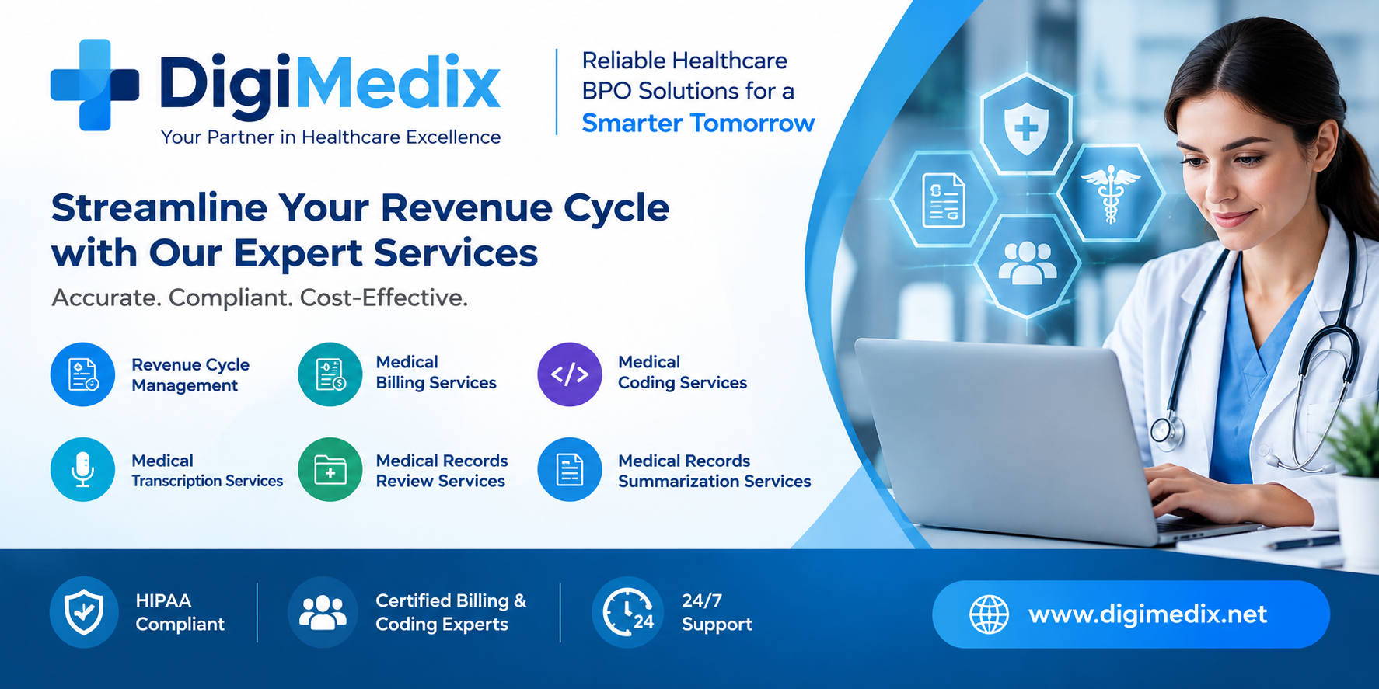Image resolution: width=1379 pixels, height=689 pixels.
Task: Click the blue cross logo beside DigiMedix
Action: (95, 85)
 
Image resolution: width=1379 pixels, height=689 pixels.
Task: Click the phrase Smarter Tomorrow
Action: (698, 123)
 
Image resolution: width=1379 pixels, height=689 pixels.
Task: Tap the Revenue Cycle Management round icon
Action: (82, 374)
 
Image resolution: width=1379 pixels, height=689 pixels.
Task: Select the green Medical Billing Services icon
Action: (330, 374)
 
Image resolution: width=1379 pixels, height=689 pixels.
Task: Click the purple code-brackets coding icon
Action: (570, 374)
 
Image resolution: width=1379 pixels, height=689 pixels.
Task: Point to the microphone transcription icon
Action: (82, 469)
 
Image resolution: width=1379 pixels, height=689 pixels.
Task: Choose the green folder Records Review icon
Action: (330, 469)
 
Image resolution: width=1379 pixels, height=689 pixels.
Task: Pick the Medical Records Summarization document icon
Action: (570, 469)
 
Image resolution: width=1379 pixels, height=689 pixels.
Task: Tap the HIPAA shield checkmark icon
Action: (84, 612)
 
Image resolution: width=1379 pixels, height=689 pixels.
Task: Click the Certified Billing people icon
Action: (323, 612)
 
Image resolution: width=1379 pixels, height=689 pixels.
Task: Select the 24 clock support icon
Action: (627, 612)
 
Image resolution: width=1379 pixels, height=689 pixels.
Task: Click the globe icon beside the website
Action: (989, 614)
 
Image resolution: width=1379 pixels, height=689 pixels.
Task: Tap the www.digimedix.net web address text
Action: (1147, 614)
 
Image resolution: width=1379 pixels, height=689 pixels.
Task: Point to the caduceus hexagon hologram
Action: (1110, 193)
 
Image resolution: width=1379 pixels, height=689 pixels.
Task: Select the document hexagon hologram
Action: (943, 200)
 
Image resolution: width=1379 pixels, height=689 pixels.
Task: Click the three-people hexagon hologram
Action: (1028, 265)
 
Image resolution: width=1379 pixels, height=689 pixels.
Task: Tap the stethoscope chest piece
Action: (1166, 430)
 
